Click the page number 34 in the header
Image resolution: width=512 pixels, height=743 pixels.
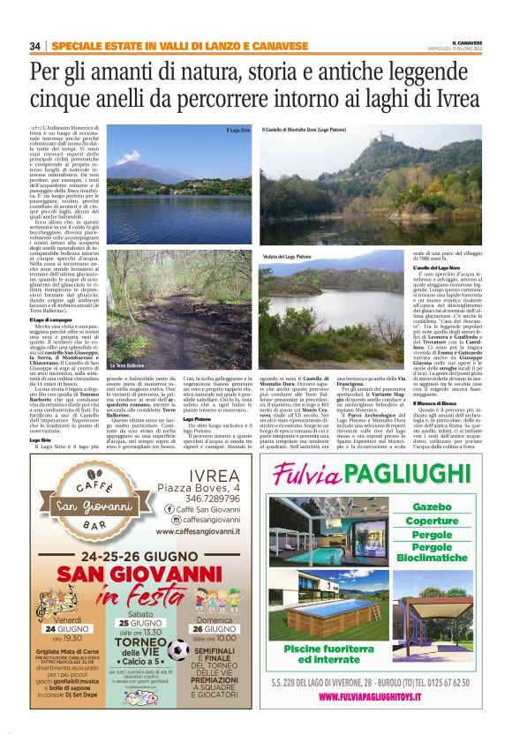pos(35,46)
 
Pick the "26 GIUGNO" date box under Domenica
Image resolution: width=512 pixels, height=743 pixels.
pos(215,627)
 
